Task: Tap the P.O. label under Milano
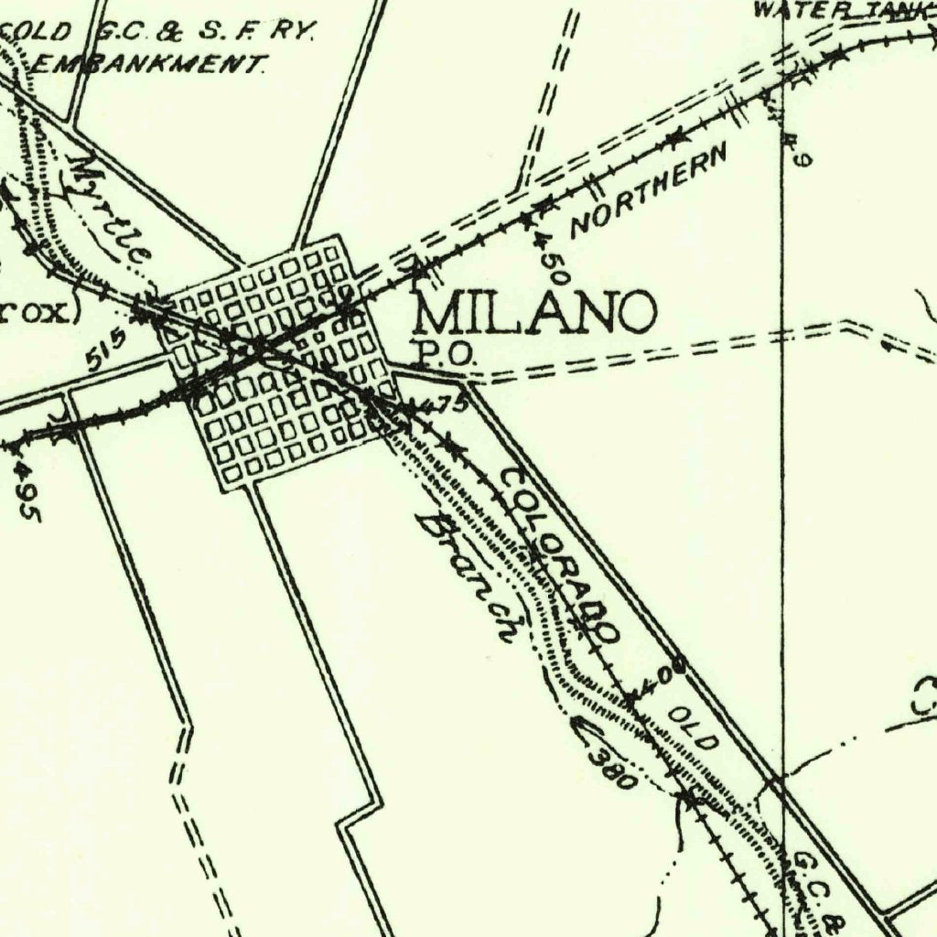tap(446, 353)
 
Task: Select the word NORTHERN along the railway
tap(649, 190)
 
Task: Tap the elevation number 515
tap(106, 350)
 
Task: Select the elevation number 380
tap(611, 768)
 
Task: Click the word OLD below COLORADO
tap(693, 728)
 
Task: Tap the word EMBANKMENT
tap(149, 64)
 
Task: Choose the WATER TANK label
tap(843, 10)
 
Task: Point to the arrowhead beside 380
tap(577, 726)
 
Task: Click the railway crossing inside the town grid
tap(259, 347)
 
